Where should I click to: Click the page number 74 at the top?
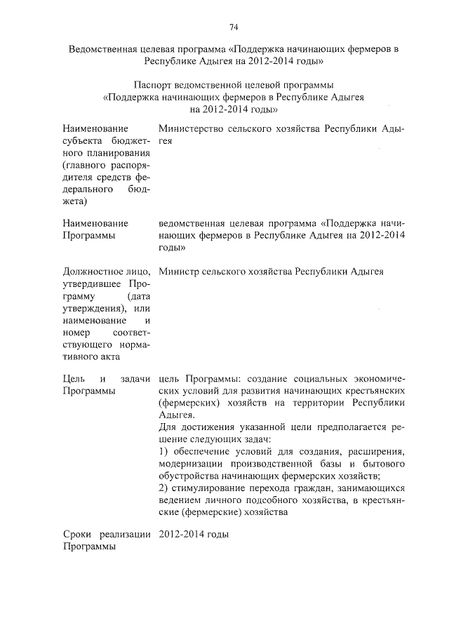(234, 27)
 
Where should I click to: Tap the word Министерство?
(188, 129)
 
